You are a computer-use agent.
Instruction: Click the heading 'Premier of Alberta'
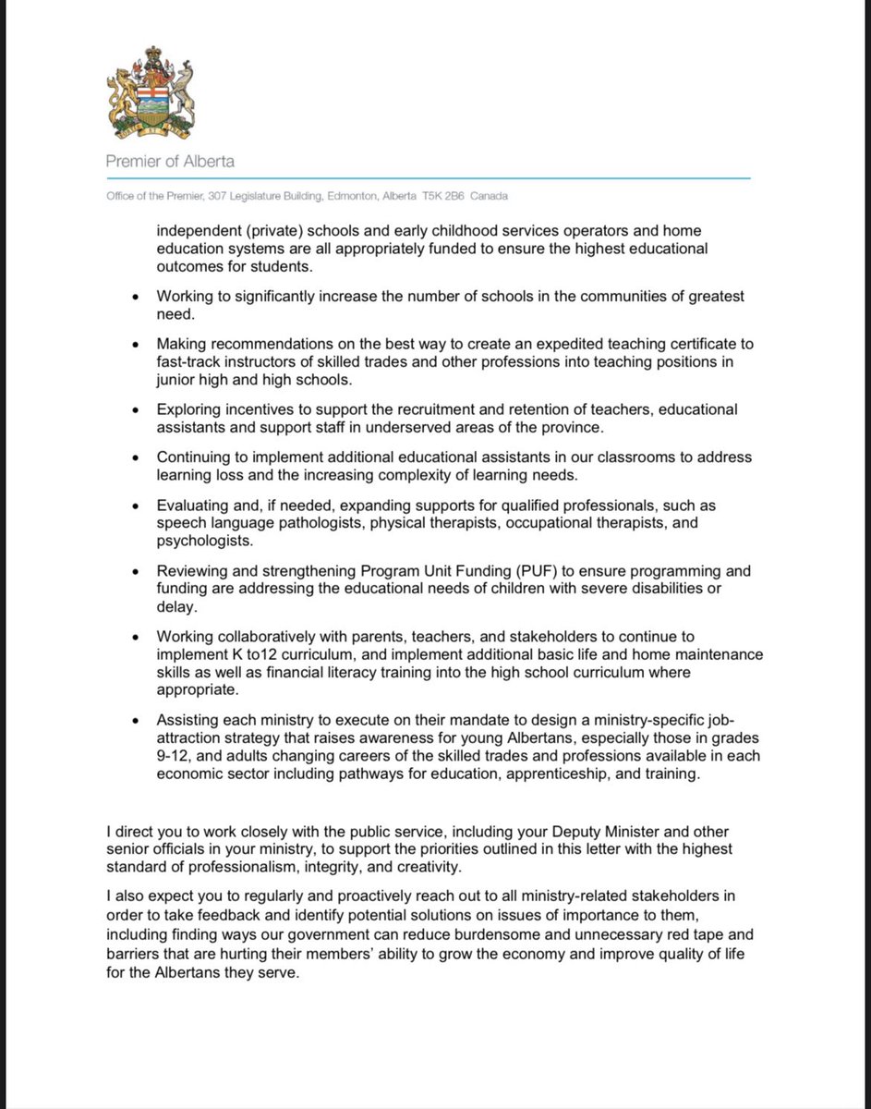point(170,161)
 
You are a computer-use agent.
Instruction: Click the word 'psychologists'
point(200,541)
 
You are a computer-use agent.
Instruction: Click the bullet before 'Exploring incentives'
point(137,409)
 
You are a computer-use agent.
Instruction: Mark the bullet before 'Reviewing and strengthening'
point(137,571)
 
